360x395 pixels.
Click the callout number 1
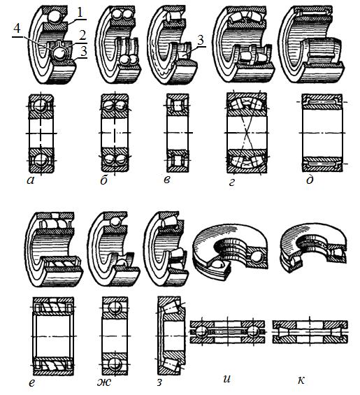click(x=80, y=13)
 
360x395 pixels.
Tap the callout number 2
click(x=82, y=35)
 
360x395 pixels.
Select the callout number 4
click(x=17, y=29)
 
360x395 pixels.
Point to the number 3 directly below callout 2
click(x=83, y=51)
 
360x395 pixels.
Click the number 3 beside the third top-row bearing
click(x=201, y=40)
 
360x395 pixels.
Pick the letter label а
click(x=30, y=180)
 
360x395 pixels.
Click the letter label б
click(x=104, y=180)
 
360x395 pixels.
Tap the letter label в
click(x=167, y=180)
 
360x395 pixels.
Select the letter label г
click(x=232, y=182)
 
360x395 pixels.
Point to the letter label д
click(x=310, y=180)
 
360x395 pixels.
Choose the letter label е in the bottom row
click(x=31, y=383)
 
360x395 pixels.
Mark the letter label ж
click(x=104, y=382)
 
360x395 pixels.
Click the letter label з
click(x=159, y=382)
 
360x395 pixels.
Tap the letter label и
click(x=227, y=379)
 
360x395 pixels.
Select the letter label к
click(x=301, y=380)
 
